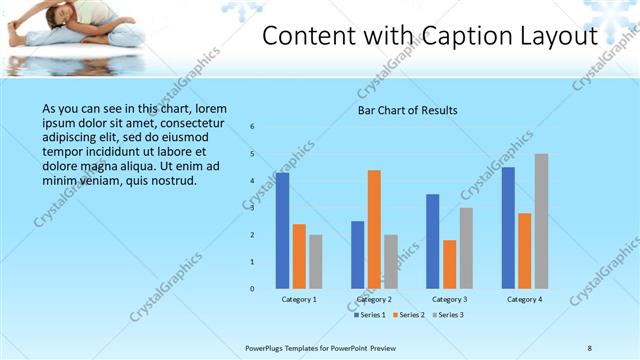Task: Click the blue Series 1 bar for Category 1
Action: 283,230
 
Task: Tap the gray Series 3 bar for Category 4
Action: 541,221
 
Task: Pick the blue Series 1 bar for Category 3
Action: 433,241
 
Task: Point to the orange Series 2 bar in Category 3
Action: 449,264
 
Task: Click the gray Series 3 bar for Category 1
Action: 315,261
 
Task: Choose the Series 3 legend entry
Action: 447,315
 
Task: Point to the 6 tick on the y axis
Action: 253,126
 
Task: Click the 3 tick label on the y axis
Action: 253,208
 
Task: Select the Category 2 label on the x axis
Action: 374,299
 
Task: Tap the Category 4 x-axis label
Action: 525,299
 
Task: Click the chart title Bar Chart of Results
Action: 408,110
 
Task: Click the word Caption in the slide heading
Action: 452,36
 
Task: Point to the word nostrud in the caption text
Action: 171,181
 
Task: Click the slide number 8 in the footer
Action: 590,348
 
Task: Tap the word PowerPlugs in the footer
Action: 267,348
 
